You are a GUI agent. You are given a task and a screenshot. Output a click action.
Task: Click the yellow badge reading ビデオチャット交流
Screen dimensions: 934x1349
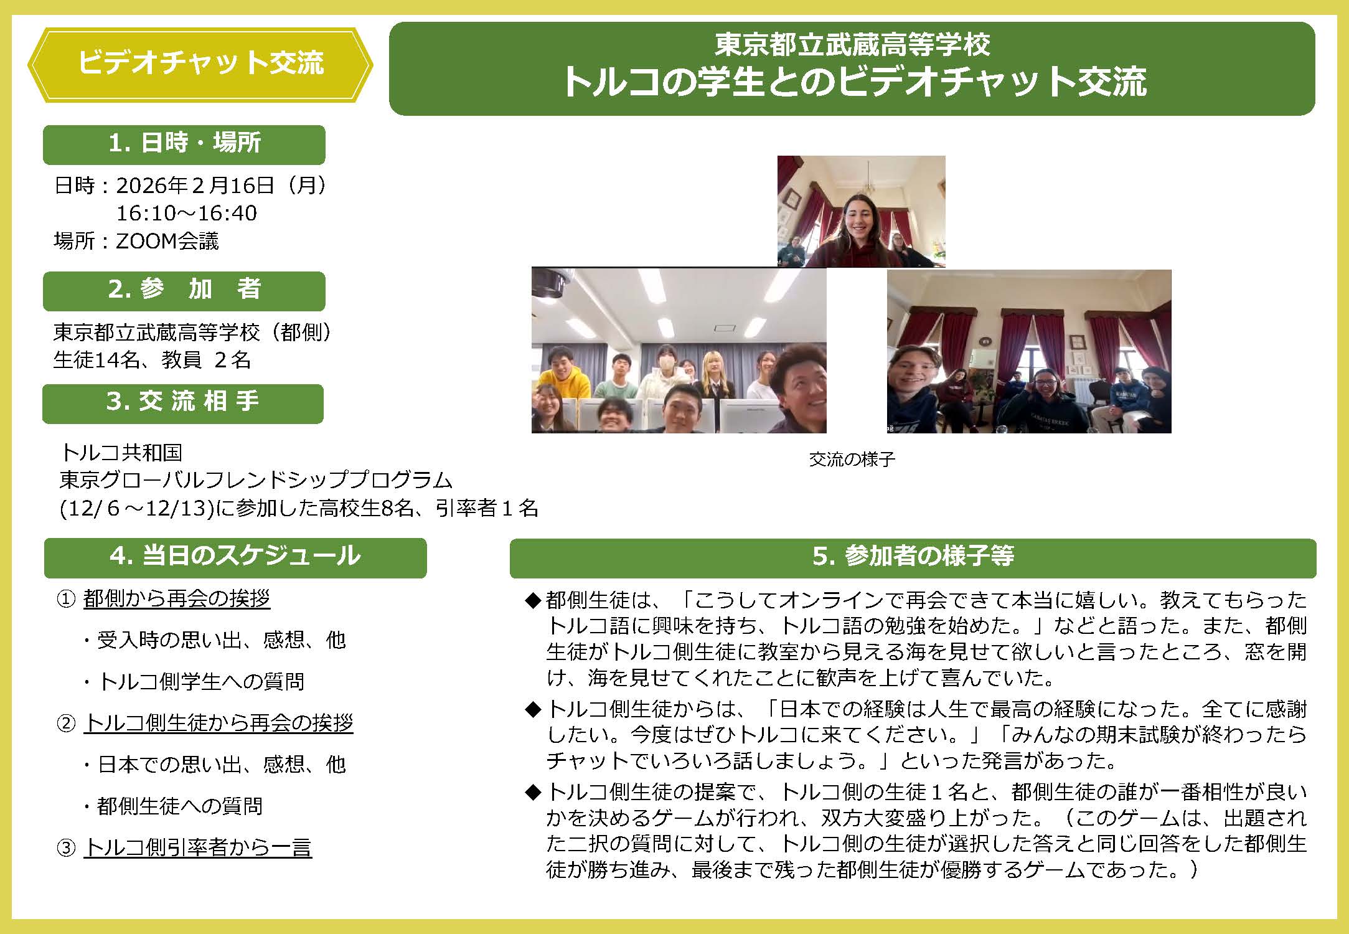coord(200,64)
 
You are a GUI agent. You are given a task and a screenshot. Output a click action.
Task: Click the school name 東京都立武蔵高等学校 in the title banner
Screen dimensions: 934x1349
coord(852,44)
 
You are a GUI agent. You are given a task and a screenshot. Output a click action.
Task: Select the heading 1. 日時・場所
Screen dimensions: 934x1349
coord(184,144)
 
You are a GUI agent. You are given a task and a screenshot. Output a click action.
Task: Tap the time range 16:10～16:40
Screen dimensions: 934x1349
coord(187,214)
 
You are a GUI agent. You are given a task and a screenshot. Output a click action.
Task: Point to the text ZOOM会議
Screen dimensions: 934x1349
coord(167,241)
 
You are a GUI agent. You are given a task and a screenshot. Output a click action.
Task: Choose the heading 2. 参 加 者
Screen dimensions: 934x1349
coord(184,290)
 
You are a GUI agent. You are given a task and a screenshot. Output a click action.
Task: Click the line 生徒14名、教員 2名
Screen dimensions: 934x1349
coord(152,360)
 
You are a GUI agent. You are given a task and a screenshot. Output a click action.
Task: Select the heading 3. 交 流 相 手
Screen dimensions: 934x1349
coord(183,402)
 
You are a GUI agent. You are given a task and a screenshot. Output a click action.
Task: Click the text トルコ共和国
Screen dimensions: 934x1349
coord(121,453)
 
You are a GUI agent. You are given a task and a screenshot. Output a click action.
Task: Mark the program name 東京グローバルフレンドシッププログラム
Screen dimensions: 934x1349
coord(256,480)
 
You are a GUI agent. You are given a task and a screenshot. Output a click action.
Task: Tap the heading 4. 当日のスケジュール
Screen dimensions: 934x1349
coord(235,556)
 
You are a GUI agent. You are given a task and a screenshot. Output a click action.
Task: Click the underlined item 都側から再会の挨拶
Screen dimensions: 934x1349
coord(177,599)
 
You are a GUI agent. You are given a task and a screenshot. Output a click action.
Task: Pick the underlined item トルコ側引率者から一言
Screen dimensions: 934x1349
coord(197,847)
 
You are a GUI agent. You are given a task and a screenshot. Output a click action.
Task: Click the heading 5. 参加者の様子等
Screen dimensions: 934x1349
coord(913,556)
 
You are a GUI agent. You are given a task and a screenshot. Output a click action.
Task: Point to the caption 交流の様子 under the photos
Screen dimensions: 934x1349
coord(852,460)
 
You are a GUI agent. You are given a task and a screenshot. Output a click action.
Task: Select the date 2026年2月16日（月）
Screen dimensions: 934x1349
coord(222,186)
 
